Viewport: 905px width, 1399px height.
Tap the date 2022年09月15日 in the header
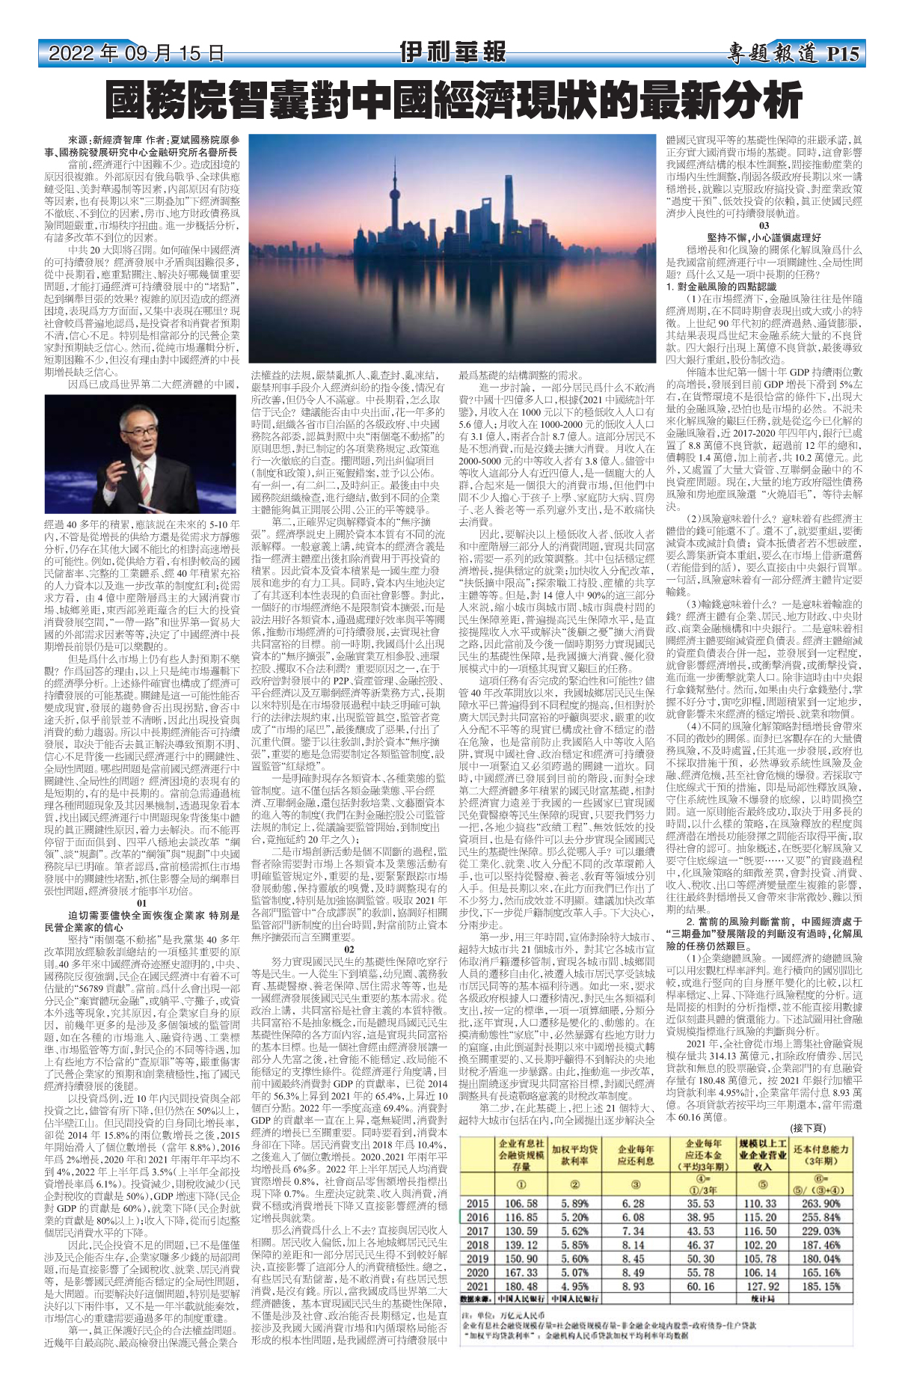136,54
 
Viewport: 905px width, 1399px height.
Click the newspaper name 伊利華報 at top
452,53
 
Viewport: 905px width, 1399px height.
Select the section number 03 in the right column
764,225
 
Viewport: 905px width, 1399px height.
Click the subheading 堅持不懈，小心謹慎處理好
764,237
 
